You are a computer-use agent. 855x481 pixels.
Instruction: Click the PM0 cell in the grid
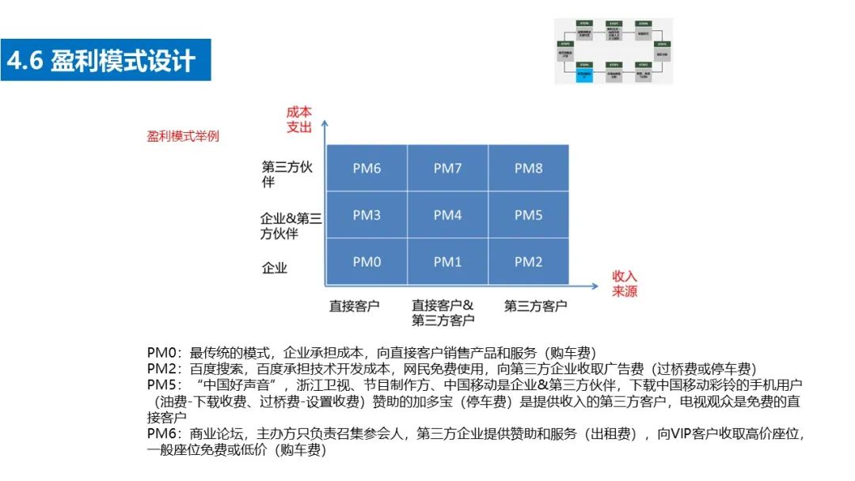367,262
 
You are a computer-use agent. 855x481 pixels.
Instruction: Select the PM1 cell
447,262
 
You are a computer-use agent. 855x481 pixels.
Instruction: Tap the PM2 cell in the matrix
528,262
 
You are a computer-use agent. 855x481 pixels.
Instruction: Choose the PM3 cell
367,215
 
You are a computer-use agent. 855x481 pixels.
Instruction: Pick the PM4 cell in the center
447,215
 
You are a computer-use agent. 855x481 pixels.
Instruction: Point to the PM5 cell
528,215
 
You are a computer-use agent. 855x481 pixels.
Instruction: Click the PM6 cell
367,168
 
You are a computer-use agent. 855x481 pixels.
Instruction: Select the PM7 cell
447,168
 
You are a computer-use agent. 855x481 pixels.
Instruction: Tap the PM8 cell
528,168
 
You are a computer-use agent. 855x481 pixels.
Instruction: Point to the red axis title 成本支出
299,119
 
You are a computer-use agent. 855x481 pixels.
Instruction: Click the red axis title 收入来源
625,283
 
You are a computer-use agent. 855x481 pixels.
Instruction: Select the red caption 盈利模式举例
183,136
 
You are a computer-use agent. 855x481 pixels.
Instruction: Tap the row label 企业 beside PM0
275,267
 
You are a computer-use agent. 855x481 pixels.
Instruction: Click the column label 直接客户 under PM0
354,305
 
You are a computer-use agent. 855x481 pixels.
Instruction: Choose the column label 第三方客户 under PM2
535,305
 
